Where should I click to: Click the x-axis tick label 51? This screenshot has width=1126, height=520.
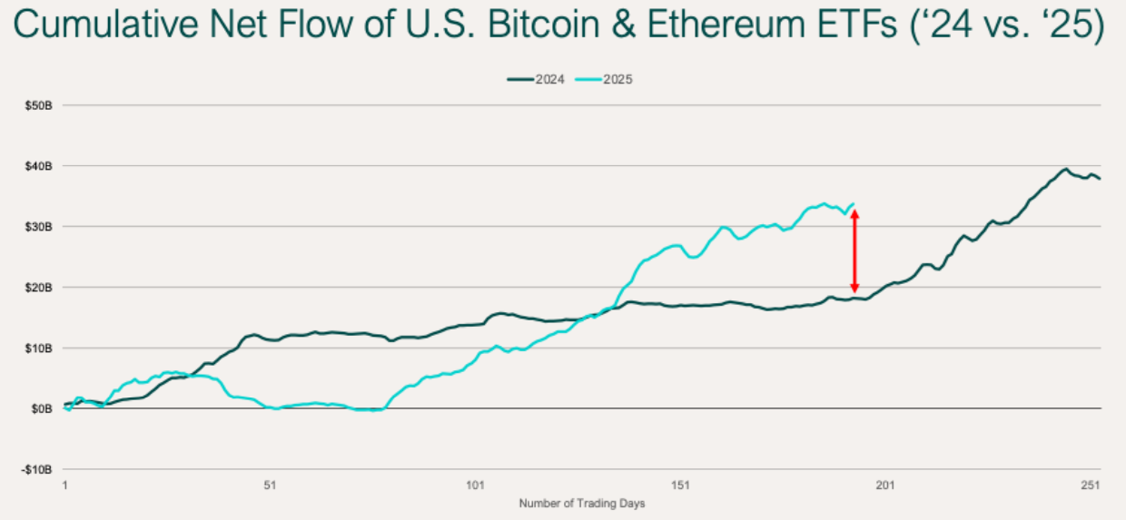271,486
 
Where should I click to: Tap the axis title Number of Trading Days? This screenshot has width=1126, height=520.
582,503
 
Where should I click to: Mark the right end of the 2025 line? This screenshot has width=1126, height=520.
854,203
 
